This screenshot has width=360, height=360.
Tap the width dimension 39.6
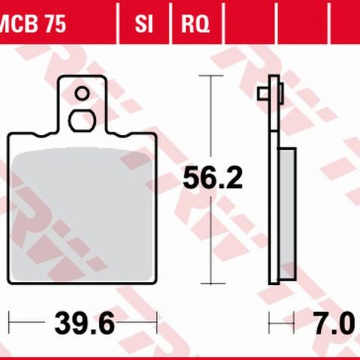(x=84, y=325)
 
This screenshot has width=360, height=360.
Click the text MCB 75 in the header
(x=33, y=25)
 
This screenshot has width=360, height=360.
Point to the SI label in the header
(x=143, y=25)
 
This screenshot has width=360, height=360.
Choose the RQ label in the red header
(x=196, y=25)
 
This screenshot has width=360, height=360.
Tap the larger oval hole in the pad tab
(x=82, y=119)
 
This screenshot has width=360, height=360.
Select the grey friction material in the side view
(x=287, y=213)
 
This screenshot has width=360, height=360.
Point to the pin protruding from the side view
(x=263, y=94)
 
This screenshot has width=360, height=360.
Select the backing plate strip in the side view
(x=273, y=180)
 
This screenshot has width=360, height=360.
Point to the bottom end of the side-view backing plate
(x=274, y=283)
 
